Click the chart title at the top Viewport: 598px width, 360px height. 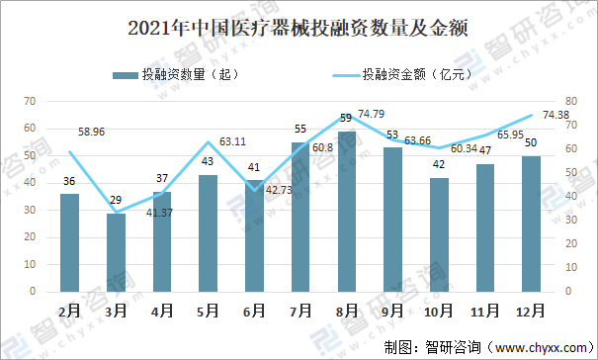pyautogui.click(x=299, y=29)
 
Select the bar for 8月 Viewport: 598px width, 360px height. pyautogui.click(x=346, y=212)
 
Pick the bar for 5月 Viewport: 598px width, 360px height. pyautogui.click(x=209, y=233)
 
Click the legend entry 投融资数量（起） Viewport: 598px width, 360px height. pyautogui.click(x=176, y=74)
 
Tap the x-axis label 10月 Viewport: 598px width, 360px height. pyautogui.click(x=438, y=311)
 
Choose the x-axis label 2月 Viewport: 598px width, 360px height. pyautogui.click(x=70, y=311)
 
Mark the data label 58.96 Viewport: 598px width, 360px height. pyautogui.click(x=95, y=130)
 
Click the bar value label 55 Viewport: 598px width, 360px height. pyautogui.click(x=300, y=129)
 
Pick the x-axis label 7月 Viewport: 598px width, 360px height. pyautogui.click(x=300, y=311)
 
